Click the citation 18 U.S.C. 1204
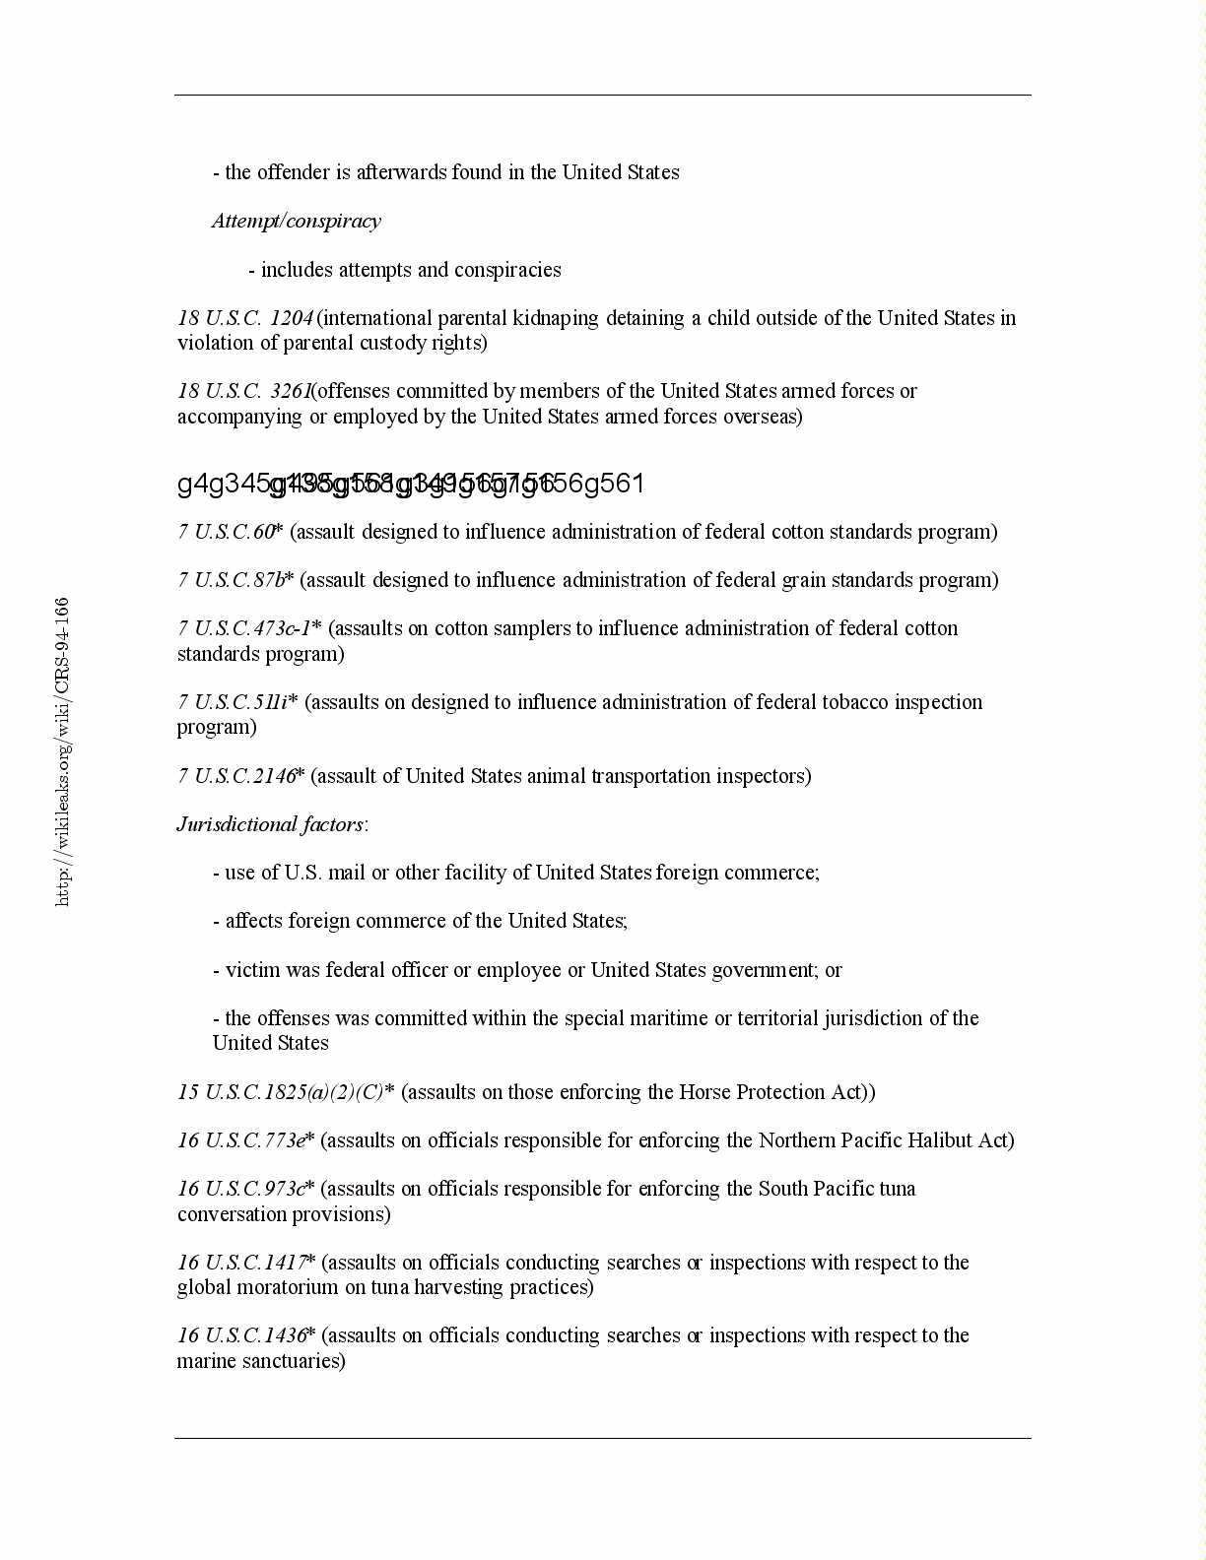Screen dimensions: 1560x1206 pyautogui.click(x=245, y=318)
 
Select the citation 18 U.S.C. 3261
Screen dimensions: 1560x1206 pyautogui.click(x=244, y=391)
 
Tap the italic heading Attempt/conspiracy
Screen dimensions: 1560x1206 pyautogui.click(x=297, y=221)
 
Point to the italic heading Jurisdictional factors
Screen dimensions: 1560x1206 pyautogui.click(x=271, y=824)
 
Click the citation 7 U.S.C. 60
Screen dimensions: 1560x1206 pyautogui.click(x=227, y=532)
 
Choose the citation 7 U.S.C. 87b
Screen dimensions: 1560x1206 pyautogui.click(x=233, y=580)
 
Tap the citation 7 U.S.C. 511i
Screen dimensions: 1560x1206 pyautogui.click(x=234, y=702)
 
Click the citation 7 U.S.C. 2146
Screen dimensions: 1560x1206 pyautogui.click(x=237, y=776)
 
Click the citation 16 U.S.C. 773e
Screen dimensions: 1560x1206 pyautogui.click(x=242, y=1140)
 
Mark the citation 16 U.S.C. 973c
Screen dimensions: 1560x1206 pyautogui.click(x=242, y=1189)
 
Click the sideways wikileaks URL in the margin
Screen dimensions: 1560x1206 pyautogui.click(x=62, y=750)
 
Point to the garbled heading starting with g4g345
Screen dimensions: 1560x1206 pyautogui.click(x=410, y=484)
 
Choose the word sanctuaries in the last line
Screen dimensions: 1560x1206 pyautogui.click(x=295, y=1361)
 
